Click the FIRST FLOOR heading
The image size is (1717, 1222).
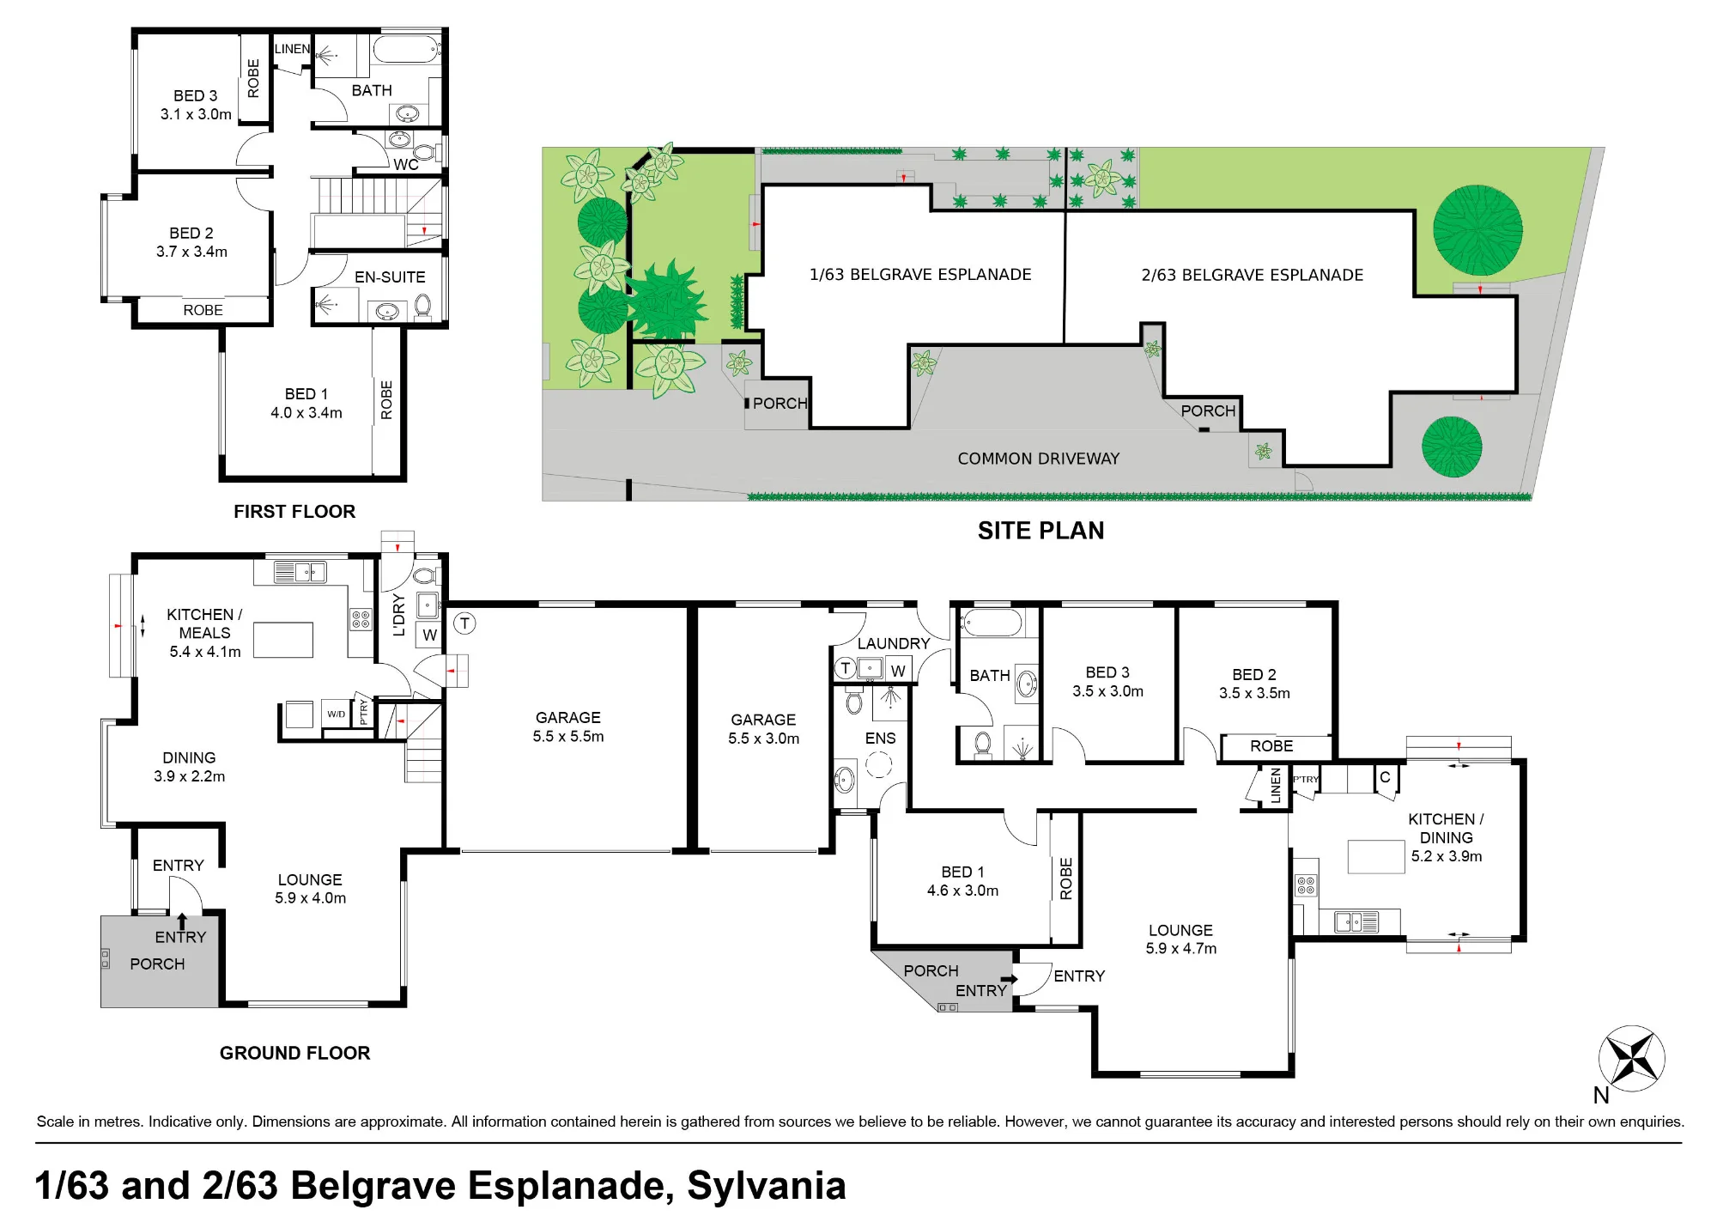(294, 512)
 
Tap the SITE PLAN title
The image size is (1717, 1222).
(1041, 531)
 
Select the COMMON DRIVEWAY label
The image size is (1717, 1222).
(1039, 459)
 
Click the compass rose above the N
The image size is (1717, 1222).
(1631, 1058)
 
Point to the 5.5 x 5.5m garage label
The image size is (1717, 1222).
(568, 727)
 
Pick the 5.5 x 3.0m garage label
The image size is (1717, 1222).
(763, 729)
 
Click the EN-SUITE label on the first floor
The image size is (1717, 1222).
(390, 277)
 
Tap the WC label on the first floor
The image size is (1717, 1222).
(406, 164)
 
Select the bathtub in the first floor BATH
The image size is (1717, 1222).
(407, 49)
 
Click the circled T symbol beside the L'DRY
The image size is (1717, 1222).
(464, 623)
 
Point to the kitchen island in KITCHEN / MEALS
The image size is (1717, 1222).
(283, 640)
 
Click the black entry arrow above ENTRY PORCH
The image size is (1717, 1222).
(181, 921)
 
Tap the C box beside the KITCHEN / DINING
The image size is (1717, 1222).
(1385, 777)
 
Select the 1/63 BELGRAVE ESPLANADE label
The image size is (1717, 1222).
(920, 275)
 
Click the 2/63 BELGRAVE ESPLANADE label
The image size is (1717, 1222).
(1253, 276)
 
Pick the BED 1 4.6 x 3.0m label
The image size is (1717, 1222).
(962, 882)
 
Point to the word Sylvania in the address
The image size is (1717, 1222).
(767, 1186)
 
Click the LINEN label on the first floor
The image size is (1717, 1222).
(292, 49)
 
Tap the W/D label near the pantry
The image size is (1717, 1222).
(337, 714)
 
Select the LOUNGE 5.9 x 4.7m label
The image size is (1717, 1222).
(1181, 939)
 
